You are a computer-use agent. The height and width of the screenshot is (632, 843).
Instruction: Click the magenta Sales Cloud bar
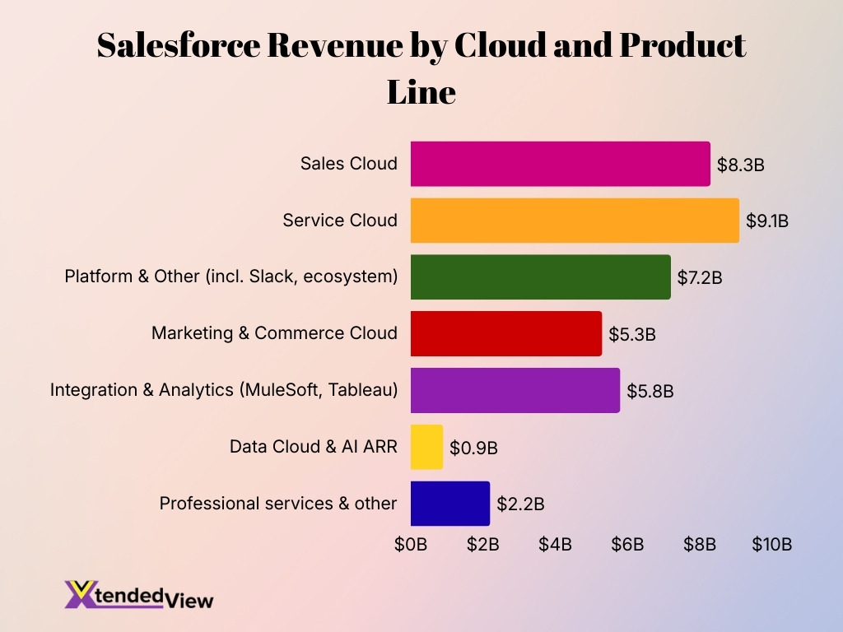pos(560,164)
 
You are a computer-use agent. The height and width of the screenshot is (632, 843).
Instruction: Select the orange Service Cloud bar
pos(575,221)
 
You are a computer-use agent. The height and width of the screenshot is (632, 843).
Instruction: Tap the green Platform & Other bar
pos(540,277)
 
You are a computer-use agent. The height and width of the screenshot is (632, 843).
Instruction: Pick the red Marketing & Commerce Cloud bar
pos(505,333)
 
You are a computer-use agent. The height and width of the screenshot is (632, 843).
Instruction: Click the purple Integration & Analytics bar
pos(515,390)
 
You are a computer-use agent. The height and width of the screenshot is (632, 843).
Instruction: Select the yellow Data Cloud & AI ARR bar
pos(426,447)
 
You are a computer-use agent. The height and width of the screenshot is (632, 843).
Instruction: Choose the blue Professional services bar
pos(449,504)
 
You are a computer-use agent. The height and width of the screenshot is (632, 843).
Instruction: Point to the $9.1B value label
pos(767,221)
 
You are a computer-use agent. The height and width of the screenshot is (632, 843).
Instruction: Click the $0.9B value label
pos(473,448)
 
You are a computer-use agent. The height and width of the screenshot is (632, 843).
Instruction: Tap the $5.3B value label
pos(632,334)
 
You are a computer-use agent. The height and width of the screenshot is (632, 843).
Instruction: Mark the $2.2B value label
pos(520,504)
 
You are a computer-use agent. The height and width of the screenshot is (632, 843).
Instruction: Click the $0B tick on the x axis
pos(411,544)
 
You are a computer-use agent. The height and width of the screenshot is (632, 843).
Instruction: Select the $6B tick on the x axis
pos(627,544)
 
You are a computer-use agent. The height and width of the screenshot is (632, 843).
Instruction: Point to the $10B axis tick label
pos(771,544)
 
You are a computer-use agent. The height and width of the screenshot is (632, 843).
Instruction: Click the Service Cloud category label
pos(339,221)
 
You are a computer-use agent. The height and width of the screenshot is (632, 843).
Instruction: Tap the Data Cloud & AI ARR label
pos(313,447)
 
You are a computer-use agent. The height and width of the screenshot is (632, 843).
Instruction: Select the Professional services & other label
pos(278,504)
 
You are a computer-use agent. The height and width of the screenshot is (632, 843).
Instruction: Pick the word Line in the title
pos(421,91)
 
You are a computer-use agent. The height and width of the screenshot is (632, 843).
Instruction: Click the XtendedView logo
pos(138,595)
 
